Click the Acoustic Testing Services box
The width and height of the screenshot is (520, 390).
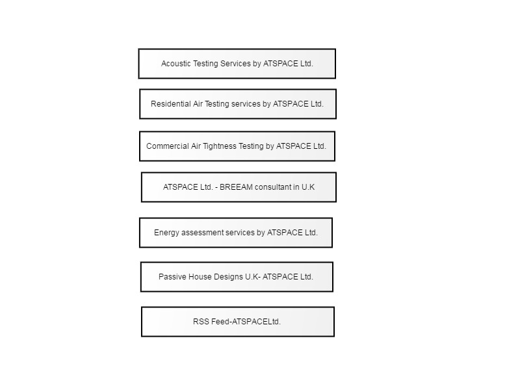click(237, 64)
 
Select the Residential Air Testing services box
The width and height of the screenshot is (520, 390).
click(238, 104)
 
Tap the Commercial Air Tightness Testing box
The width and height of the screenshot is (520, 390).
click(237, 146)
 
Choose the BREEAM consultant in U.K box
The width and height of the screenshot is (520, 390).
click(239, 187)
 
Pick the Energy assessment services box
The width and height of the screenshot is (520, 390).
click(236, 233)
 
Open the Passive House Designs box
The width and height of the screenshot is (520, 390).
click(237, 277)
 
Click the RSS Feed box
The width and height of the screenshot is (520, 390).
click(238, 322)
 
